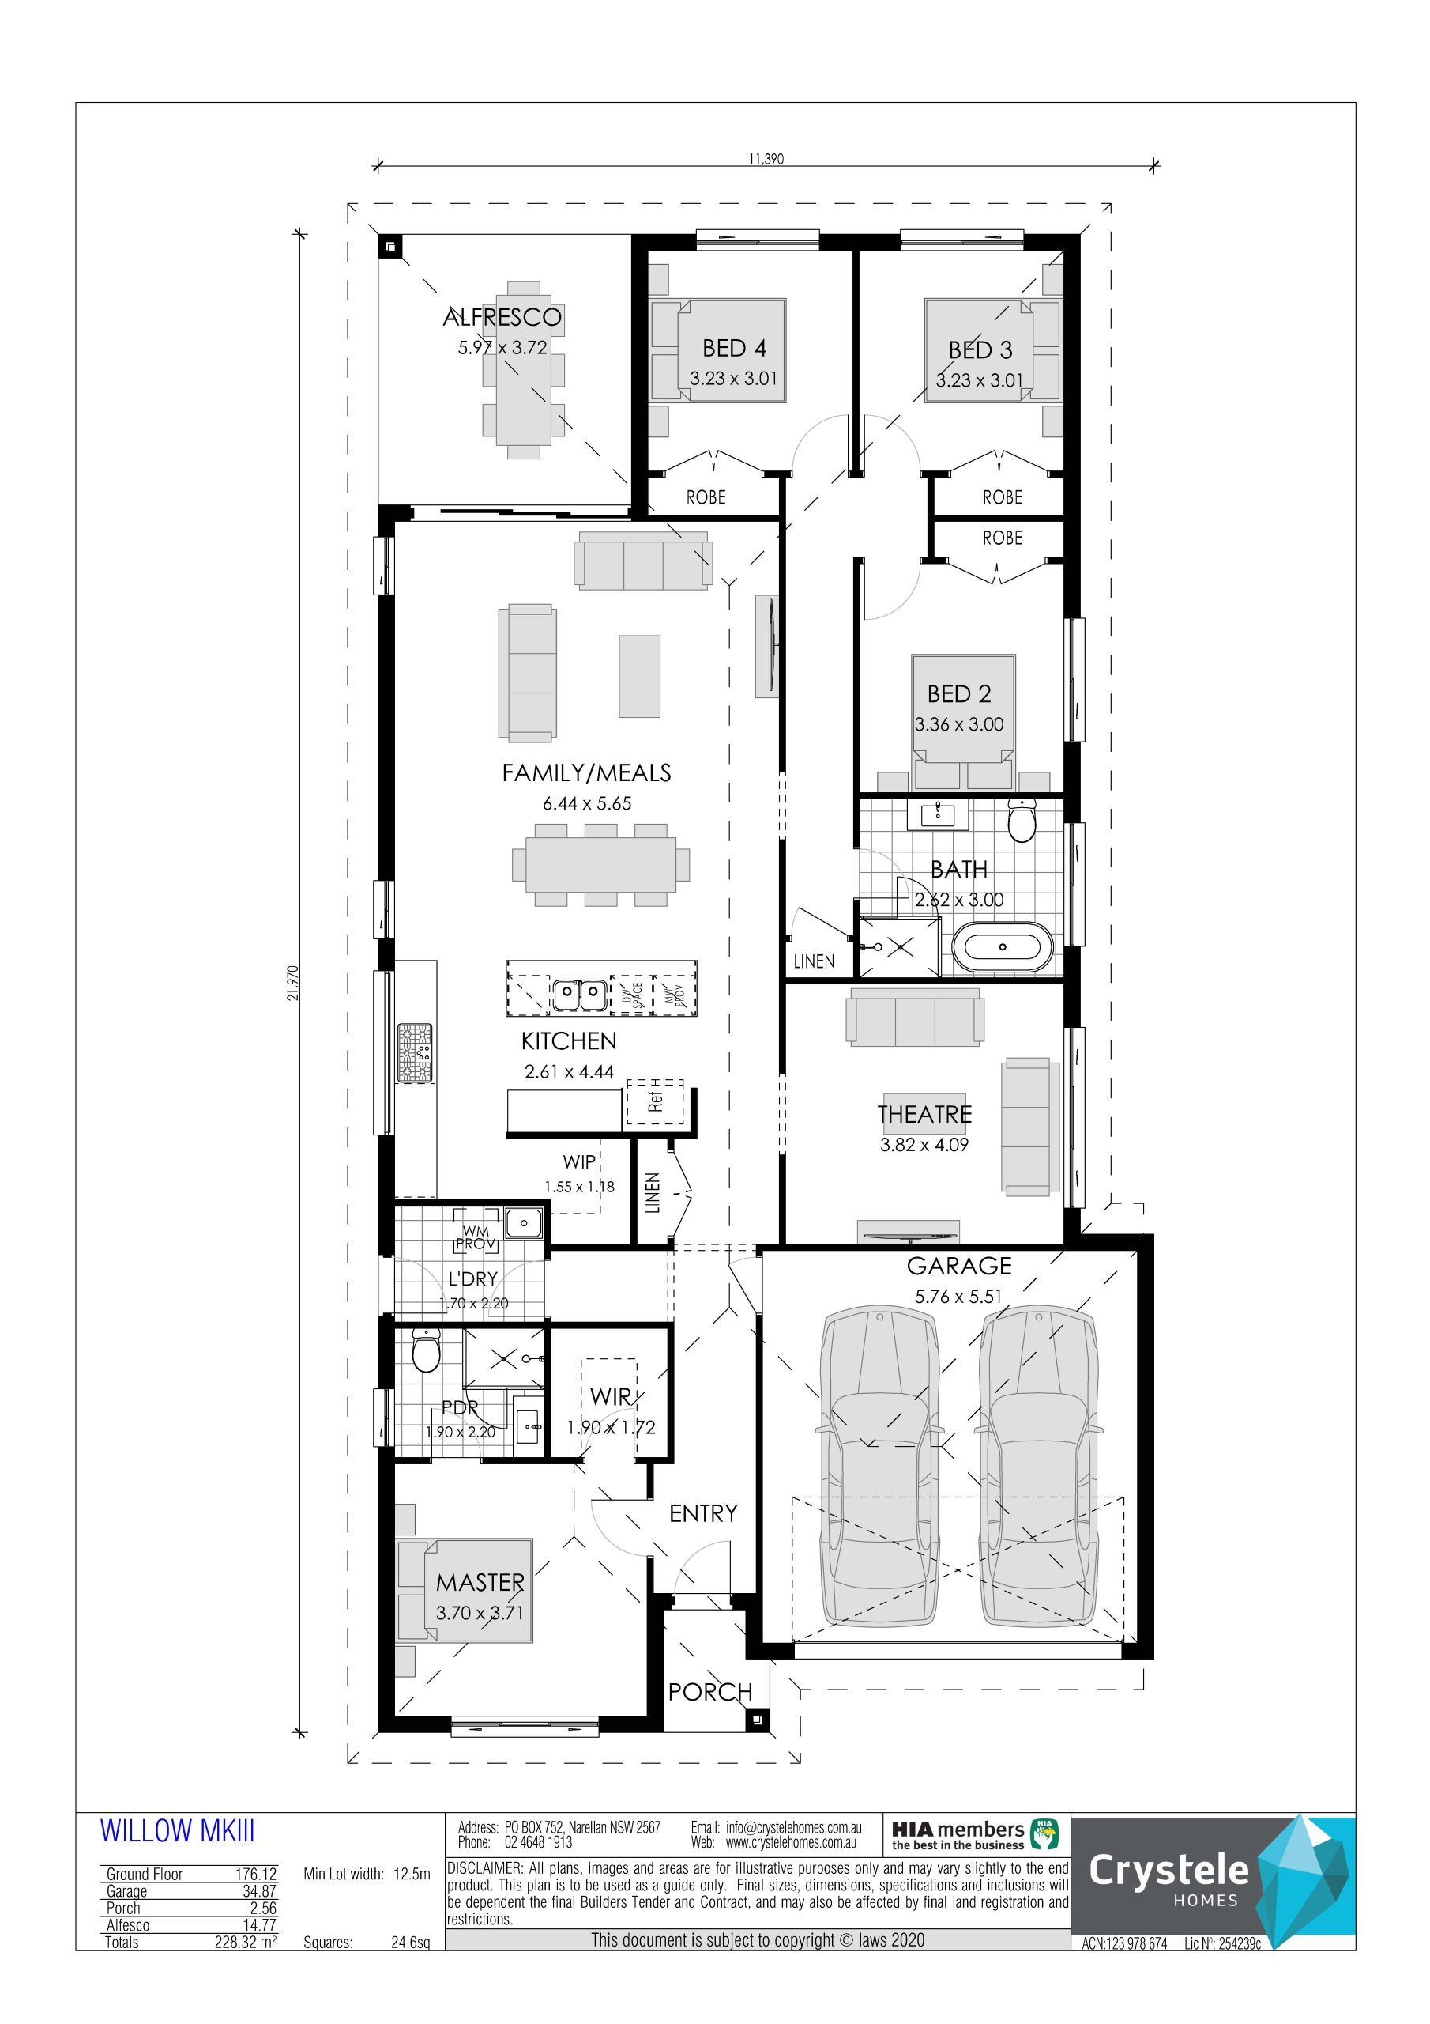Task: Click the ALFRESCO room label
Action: click(502, 317)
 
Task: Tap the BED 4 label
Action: click(734, 348)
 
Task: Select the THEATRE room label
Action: click(924, 1114)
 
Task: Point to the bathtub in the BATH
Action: click(1003, 946)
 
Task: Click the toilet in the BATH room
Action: click(1022, 820)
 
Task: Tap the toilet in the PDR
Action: click(426, 1350)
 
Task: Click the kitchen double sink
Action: click(580, 995)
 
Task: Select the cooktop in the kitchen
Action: click(415, 1052)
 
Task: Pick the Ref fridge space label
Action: click(655, 1102)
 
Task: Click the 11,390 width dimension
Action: click(766, 159)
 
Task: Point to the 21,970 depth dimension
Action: click(293, 982)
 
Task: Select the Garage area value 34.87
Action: click(259, 1891)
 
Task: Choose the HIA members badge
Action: click(974, 1835)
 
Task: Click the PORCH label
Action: click(710, 1692)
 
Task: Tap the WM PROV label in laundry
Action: click(476, 1237)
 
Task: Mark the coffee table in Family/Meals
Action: click(639, 676)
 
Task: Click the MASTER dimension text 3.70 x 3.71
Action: click(480, 1613)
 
